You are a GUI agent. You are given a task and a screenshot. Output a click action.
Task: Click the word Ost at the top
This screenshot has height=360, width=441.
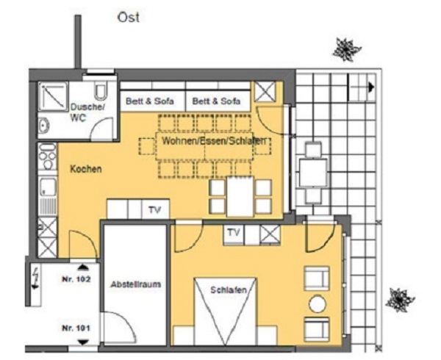pos(128,18)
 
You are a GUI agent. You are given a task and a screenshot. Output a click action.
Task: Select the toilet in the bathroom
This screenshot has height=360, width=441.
pos(101,90)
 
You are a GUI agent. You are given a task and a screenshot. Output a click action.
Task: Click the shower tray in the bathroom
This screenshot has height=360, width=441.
pos(53,96)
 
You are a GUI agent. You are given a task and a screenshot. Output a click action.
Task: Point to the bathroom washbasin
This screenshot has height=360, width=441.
pos(44,126)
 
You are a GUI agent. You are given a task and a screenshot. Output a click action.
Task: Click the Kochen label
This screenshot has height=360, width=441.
pos(86,169)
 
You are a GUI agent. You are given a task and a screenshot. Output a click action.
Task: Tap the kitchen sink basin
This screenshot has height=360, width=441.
pos(48,187)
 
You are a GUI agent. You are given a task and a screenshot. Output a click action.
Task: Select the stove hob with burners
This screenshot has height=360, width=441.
pos(48,156)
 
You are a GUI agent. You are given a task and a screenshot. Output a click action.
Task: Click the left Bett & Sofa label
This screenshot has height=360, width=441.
pos(150,101)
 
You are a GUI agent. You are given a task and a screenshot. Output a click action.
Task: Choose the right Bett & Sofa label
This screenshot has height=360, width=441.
pos(216,101)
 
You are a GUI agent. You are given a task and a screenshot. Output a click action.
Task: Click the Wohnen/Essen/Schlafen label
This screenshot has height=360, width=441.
pos(214,140)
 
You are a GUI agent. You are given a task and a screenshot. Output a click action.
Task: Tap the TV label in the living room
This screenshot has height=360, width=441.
pos(154,209)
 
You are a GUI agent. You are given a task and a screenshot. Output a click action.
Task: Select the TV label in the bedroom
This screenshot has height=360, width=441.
pos(234,232)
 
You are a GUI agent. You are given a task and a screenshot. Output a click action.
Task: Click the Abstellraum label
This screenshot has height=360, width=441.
pos(135,284)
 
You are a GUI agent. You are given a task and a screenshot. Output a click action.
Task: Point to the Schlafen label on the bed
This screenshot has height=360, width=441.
pos(229,289)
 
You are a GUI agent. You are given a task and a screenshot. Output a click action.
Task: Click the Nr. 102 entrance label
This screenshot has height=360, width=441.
pos(76,279)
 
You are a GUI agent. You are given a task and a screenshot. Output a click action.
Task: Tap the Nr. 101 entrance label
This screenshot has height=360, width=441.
pos(76,328)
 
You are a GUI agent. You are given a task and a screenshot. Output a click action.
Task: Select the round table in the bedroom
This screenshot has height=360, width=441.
pos(318,303)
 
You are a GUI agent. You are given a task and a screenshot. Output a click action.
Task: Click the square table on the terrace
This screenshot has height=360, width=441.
pos(313,173)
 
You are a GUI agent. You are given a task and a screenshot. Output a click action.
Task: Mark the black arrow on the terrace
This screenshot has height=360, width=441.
pos(371,87)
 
